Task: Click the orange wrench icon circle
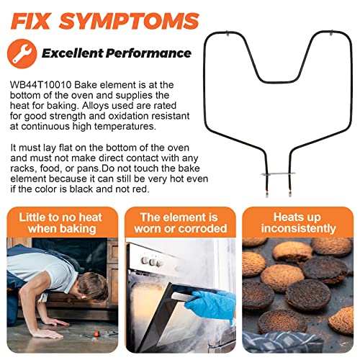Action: tap(22, 54)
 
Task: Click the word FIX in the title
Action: tap(31, 22)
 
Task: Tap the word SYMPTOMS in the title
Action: tap(130, 22)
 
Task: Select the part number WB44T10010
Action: tap(41, 85)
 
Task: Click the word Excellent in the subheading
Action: tap(72, 53)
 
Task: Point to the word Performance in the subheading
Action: tap(148, 53)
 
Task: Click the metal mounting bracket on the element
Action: tap(279, 174)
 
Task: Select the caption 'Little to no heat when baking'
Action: tap(61, 223)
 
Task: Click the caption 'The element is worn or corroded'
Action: tap(180, 223)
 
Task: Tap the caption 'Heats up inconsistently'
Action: tap(298, 223)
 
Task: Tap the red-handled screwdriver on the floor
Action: tap(96, 334)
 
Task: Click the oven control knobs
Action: tap(151, 262)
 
